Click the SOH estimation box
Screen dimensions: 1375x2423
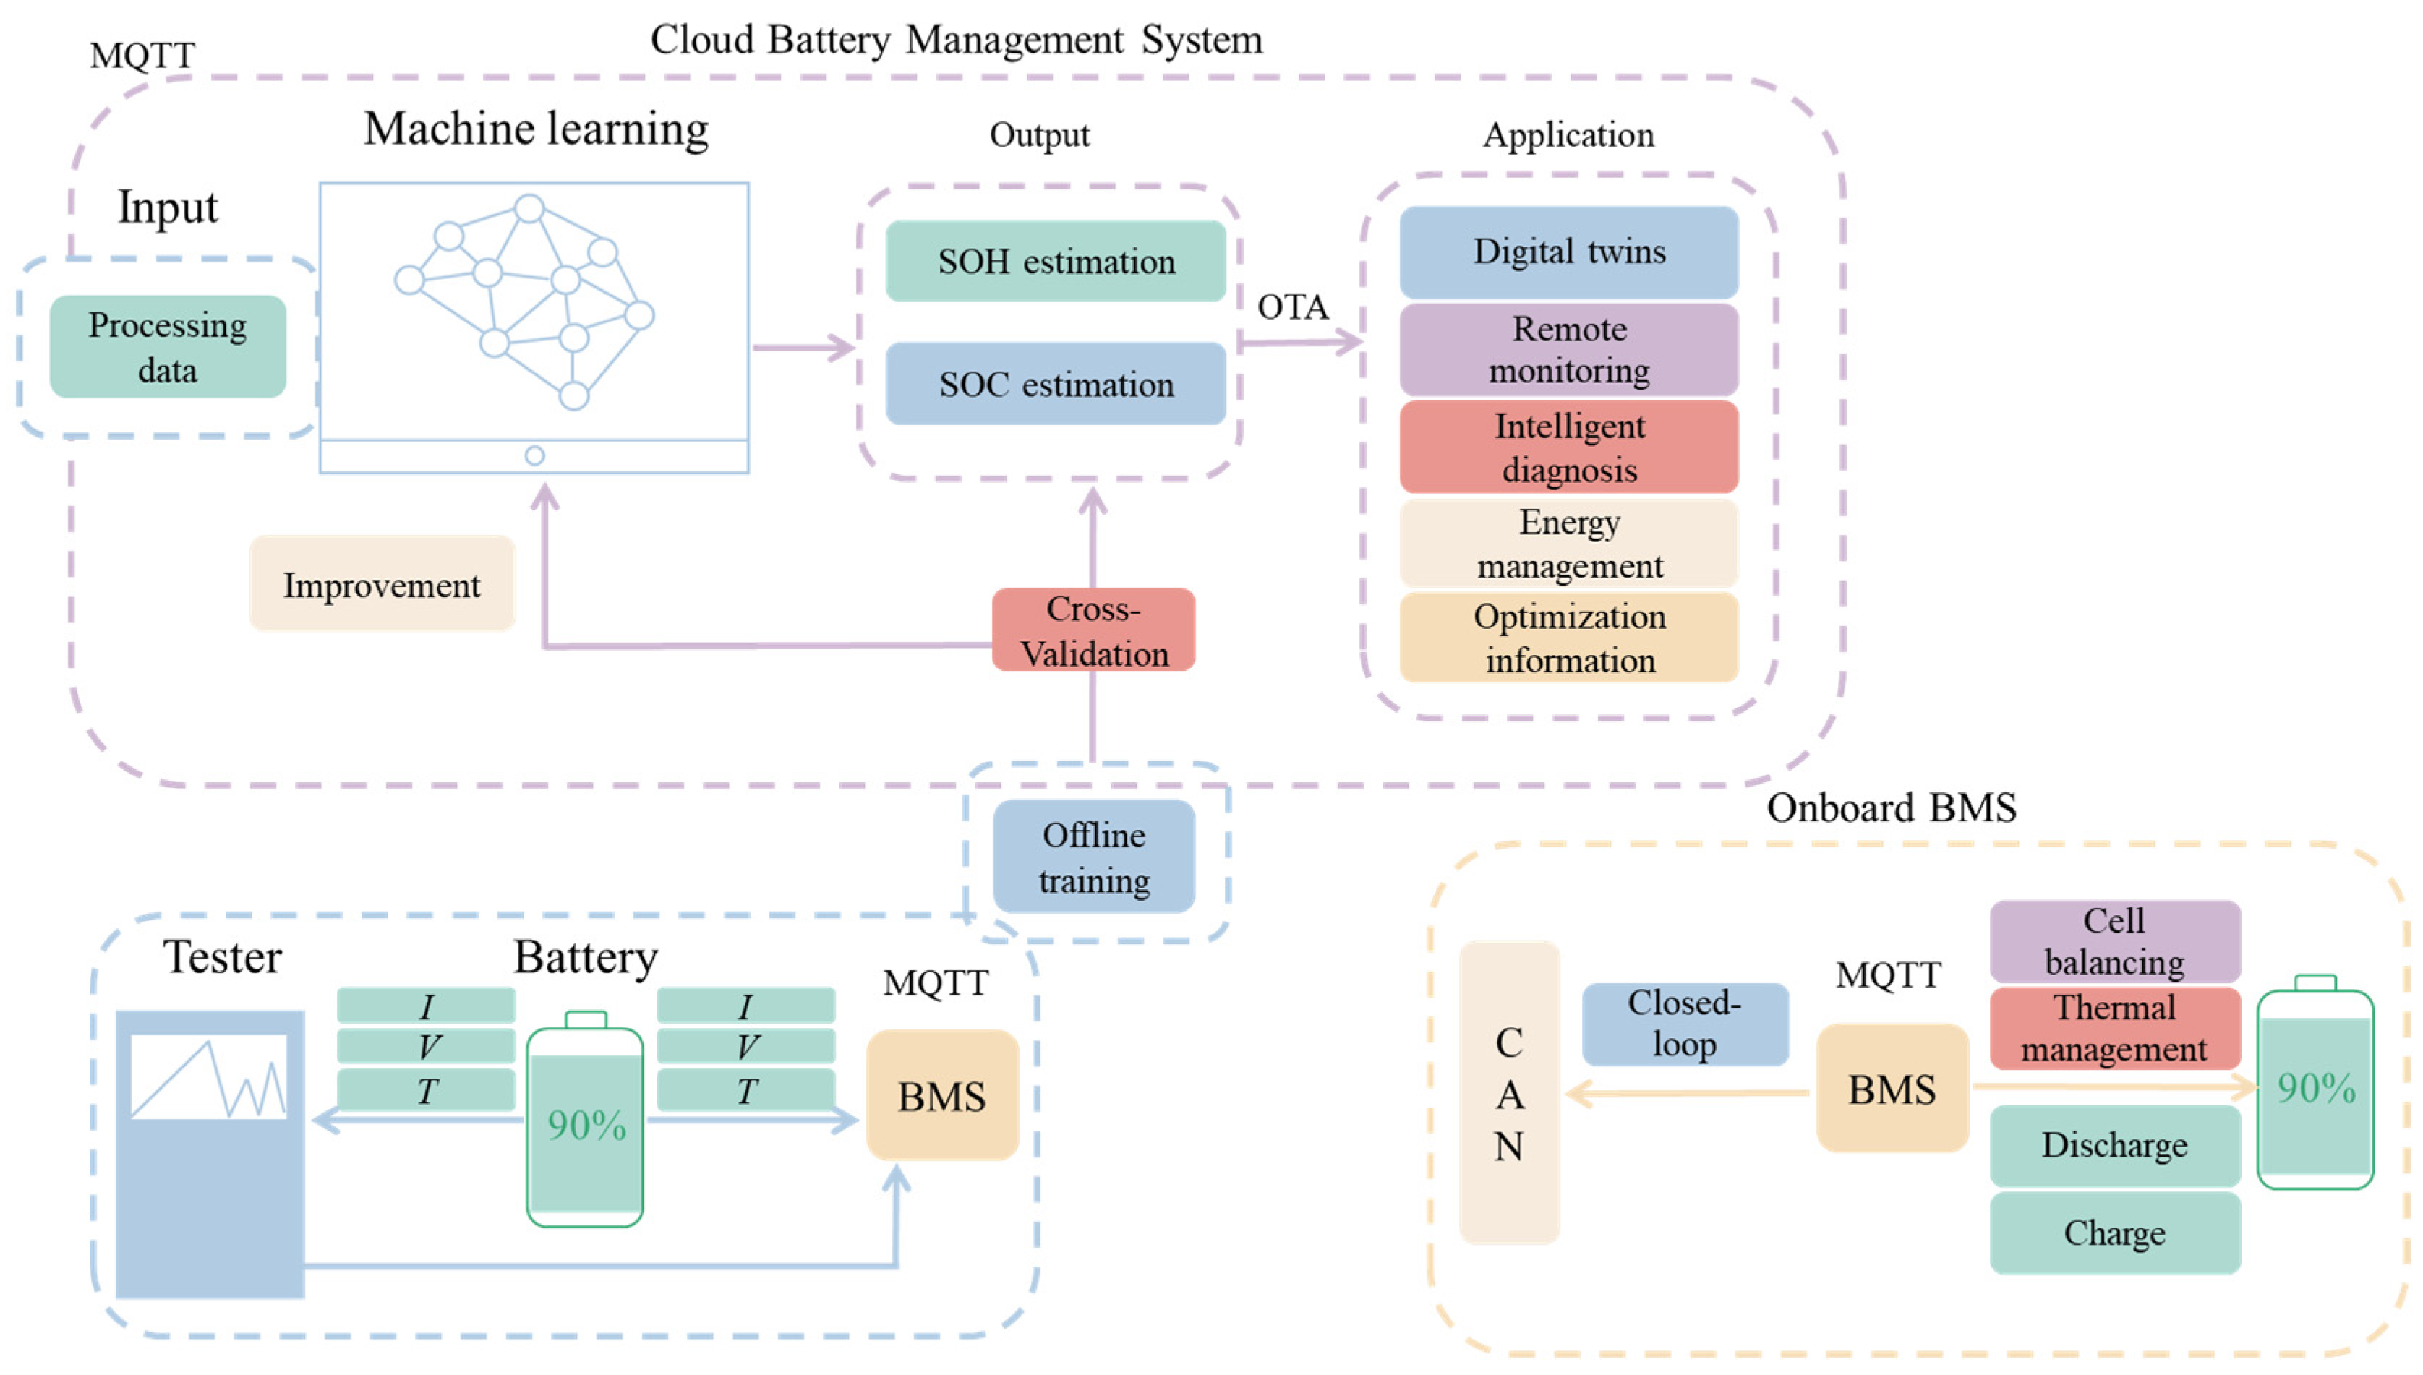[x=1055, y=262]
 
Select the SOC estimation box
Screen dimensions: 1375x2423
[x=1055, y=385]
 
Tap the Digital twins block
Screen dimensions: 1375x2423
[x=1568, y=252]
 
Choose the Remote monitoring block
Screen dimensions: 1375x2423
[x=1568, y=349]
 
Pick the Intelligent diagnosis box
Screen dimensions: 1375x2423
[x=1568, y=447]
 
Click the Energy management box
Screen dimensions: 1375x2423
[x=1568, y=543]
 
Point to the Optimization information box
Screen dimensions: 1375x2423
[x=1568, y=638]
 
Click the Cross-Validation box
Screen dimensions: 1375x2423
[x=1093, y=630]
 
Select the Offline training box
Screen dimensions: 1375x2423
[x=1093, y=857]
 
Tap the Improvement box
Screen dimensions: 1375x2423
[x=382, y=585]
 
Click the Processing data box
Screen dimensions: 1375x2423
[x=167, y=346]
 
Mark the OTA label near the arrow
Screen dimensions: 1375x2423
[x=1292, y=307]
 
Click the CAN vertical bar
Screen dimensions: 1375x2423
[x=1508, y=1092]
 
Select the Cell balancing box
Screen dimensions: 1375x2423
[x=2114, y=941]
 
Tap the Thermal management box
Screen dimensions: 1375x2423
[x=2114, y=1029]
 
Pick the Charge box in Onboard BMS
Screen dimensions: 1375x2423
[x=2114, y=1233]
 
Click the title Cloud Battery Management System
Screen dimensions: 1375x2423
[x=956, y=40]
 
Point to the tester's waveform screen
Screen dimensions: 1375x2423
[x=209, y=1076]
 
